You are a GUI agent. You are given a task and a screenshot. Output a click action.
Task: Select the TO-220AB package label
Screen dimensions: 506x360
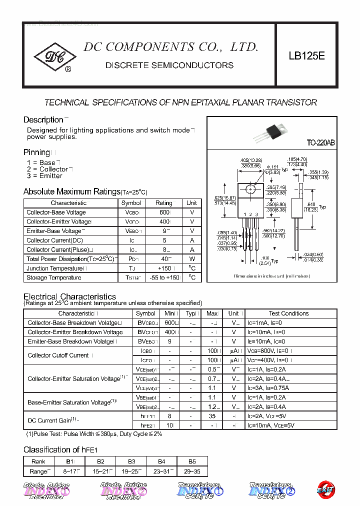321,143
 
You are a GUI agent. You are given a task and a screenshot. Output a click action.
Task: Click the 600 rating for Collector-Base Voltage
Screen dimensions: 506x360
164,212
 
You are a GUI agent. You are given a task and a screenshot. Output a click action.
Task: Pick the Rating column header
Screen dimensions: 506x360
164,203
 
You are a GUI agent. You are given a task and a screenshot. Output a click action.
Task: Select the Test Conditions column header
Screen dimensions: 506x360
288,313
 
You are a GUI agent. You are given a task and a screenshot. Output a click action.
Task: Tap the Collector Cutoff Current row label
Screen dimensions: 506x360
58,355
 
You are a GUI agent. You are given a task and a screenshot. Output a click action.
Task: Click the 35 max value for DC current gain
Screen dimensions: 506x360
212,416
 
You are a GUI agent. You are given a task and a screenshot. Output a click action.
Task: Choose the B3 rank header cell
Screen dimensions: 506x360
131,461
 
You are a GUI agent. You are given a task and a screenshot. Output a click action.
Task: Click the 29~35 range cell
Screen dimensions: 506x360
192,471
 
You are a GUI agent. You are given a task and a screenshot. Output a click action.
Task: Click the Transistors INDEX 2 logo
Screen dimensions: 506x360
271,490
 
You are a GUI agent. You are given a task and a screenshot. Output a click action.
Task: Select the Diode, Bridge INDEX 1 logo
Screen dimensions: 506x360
46,490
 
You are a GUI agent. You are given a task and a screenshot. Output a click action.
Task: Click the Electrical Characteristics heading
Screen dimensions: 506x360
69,296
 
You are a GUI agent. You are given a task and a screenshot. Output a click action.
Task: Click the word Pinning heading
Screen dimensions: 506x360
36,152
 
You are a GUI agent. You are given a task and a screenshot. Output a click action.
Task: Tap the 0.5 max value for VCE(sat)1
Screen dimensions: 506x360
212,369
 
